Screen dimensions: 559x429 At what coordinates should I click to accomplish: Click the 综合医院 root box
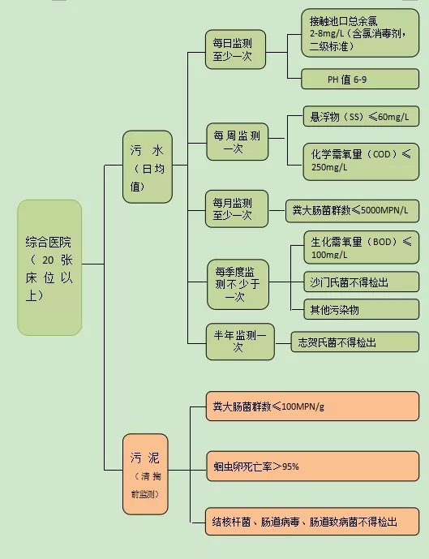click(x=49, y=267)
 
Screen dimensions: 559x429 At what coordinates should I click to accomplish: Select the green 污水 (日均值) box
click(x=147, y=166)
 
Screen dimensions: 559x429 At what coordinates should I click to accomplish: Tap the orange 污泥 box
click(x=145, y=474)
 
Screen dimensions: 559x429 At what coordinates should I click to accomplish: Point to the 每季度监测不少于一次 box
click(x=238, y=284)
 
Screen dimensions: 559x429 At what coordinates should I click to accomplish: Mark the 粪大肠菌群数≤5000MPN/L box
click(x=352, y=210)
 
